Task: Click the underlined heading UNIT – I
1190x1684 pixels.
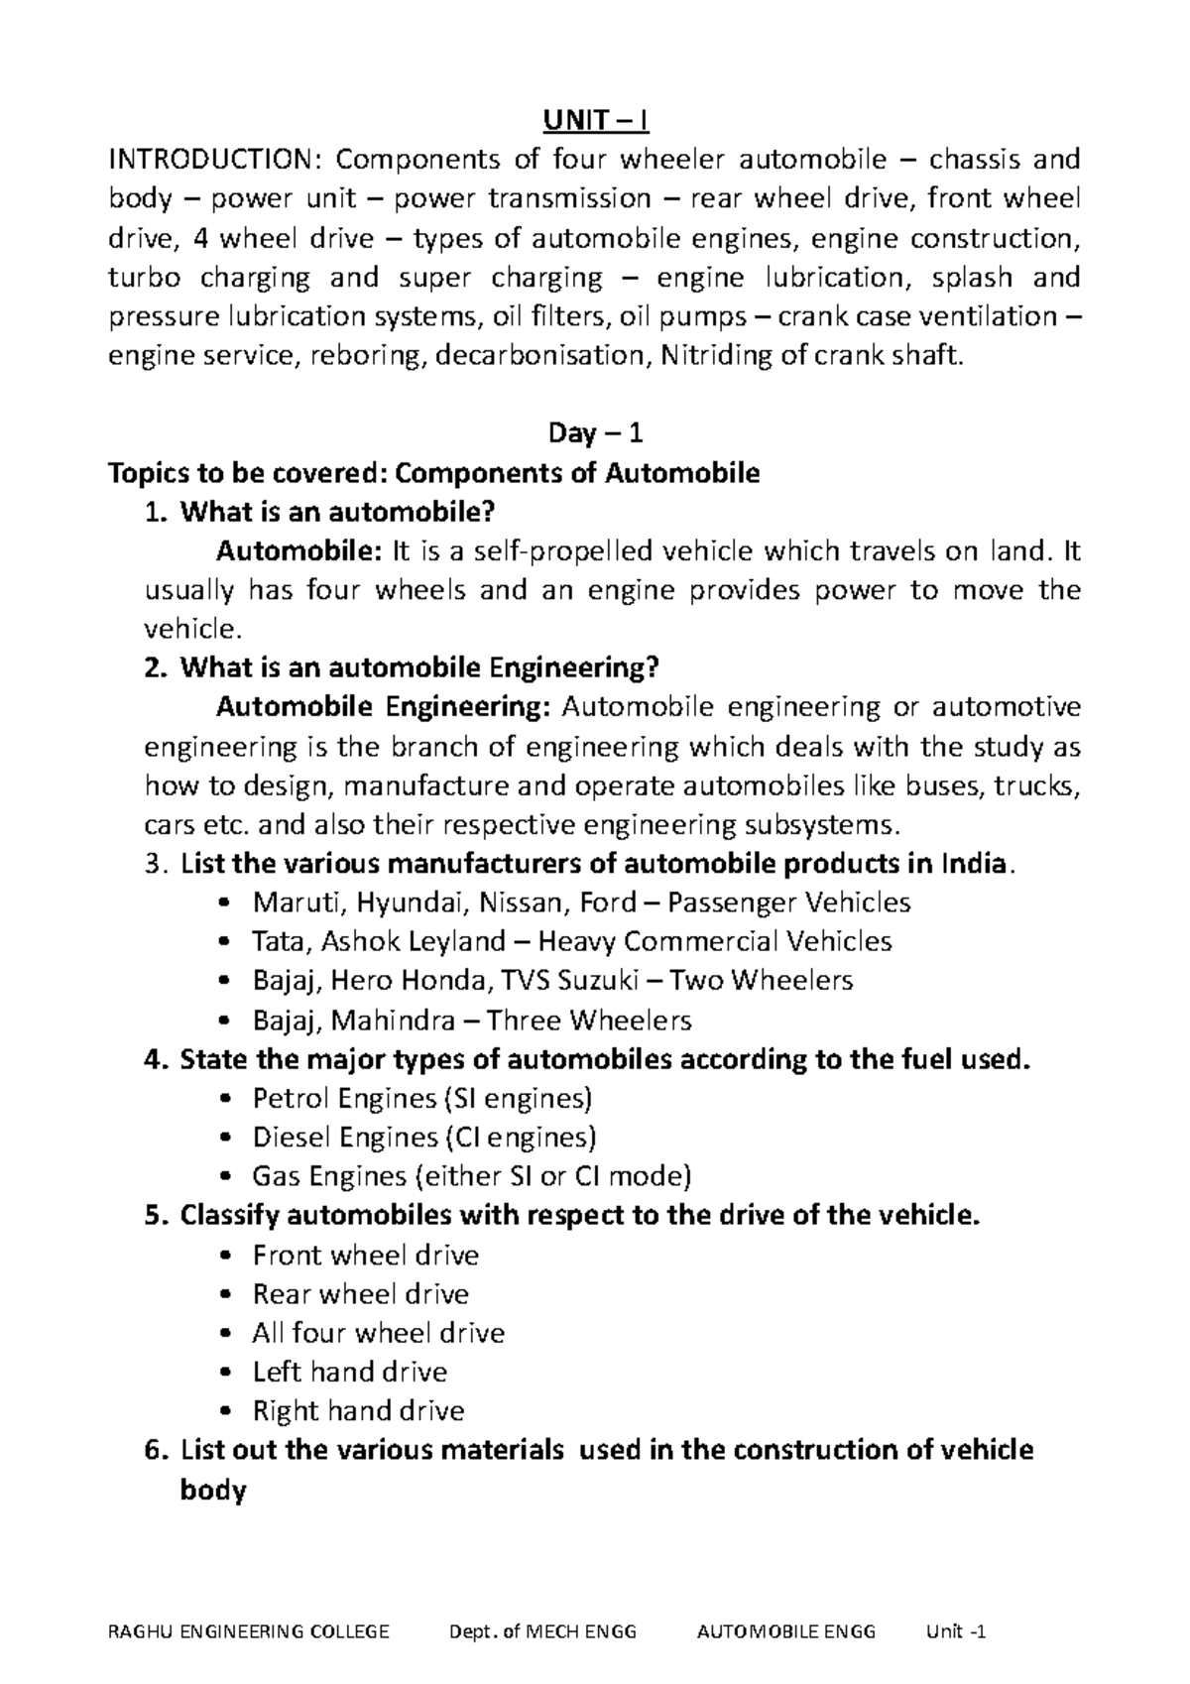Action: pos(595,121)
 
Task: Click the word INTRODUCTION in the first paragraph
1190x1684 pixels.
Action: pos(209,160)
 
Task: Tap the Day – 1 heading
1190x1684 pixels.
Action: pos(595,433)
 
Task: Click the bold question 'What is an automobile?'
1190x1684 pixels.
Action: pos(335,512)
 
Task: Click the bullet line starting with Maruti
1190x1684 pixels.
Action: pos(581,902)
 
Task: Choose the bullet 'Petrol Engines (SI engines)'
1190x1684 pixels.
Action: pos(422,1098)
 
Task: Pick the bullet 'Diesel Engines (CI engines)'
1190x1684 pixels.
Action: pos(424,1138)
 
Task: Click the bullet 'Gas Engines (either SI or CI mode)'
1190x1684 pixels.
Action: pos(471,1176)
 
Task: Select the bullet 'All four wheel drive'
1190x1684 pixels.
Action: pos(379,1333)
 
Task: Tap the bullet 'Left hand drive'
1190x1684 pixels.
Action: pos(350,1372)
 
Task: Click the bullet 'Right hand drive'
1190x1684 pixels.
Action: pos(358,1411)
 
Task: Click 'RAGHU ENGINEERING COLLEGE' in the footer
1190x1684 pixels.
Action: pos(249,1632)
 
